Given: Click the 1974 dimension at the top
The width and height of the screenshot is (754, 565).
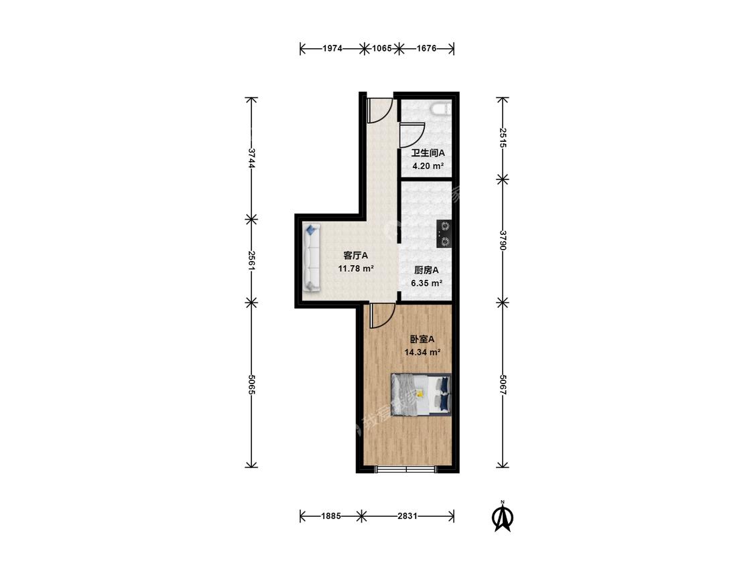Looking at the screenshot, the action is pos(332,48).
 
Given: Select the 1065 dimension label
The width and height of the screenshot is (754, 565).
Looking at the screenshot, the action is pos(382,48).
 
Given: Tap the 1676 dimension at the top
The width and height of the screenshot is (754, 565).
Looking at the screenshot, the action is pos(426,48).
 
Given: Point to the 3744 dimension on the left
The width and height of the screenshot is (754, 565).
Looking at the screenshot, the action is pos(251,158).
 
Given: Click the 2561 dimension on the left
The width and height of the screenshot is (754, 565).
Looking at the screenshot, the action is pos(251,260).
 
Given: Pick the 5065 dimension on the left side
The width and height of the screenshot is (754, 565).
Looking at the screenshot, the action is pos(251,384).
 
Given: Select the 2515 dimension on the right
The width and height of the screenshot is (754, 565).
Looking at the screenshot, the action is pos(503,139).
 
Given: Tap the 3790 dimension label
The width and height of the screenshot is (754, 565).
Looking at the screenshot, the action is pos(503,240).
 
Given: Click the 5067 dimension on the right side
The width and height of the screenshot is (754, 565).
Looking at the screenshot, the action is pos(503,384).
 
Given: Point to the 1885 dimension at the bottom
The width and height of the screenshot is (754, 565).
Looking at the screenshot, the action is pos(331,516).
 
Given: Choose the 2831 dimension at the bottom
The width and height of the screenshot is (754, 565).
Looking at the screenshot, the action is pos(407,516).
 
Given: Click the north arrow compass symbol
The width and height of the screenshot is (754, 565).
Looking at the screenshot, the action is pos(503,516).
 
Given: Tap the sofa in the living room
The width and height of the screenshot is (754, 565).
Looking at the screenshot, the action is pos(312,258).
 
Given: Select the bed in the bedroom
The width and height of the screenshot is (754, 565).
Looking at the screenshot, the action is pos(422,394).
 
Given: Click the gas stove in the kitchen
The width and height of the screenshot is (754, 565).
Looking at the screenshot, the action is pos(444,234).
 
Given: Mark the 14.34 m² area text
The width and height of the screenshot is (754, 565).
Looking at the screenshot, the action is pos(423,352).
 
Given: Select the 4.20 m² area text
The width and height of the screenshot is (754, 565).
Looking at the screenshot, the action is pos(428,166).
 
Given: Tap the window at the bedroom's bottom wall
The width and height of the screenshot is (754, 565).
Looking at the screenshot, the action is pos(407,469).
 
